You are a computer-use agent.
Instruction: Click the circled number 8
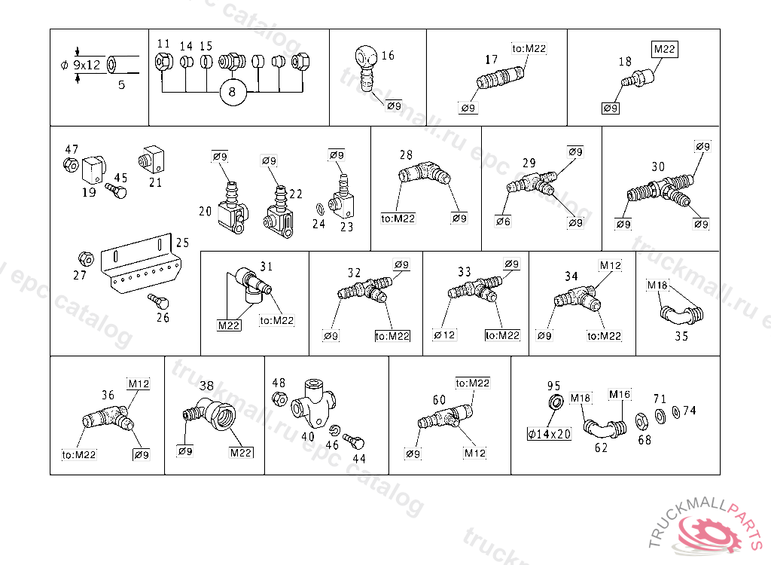coord(232,92)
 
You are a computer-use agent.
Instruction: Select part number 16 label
coord(388,56)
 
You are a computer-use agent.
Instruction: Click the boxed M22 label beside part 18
coord(666,50)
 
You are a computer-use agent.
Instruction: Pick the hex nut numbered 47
coord(70,165)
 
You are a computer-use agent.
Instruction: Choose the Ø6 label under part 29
coord(503,221)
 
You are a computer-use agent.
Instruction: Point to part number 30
coord(658,166)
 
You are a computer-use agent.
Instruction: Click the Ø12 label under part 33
coord(445,335)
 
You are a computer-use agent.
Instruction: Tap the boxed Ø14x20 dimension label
coord(550,434)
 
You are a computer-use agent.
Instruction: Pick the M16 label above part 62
coord(620,395)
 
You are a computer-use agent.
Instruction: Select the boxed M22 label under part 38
coord(241,453)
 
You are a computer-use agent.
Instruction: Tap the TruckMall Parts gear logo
coord(711,533)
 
